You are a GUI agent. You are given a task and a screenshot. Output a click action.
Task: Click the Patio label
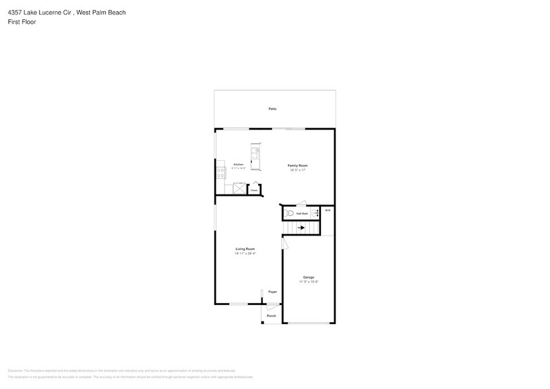point(272,108)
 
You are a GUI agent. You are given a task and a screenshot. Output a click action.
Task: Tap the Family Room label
point(297,165)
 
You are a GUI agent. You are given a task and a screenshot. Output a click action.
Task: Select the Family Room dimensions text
point(297,170)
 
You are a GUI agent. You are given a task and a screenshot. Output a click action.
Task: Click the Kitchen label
point(238,164)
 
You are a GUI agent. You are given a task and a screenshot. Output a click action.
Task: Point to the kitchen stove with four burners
point(221,173)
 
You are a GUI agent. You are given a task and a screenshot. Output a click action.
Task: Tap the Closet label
point(253,190)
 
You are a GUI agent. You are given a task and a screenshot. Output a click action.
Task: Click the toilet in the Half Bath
point(289,214)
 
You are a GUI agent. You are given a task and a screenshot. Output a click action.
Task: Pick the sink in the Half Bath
point(315,214)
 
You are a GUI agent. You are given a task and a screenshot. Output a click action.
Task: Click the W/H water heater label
point(327,210)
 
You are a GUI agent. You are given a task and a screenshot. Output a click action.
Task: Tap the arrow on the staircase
point(301,228)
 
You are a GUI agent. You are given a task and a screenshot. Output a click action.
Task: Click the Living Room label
point(245,249)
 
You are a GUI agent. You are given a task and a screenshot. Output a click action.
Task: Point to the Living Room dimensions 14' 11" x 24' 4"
point(245,253)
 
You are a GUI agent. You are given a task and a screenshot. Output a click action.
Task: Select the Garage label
point(308,277)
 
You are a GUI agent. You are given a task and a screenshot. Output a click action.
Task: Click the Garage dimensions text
point(308,282)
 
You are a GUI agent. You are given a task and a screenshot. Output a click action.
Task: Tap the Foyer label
point(272,292)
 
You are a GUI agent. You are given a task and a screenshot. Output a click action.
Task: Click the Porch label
point(271,316)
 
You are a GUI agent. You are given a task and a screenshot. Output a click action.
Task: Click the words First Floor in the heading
point(22,22)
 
